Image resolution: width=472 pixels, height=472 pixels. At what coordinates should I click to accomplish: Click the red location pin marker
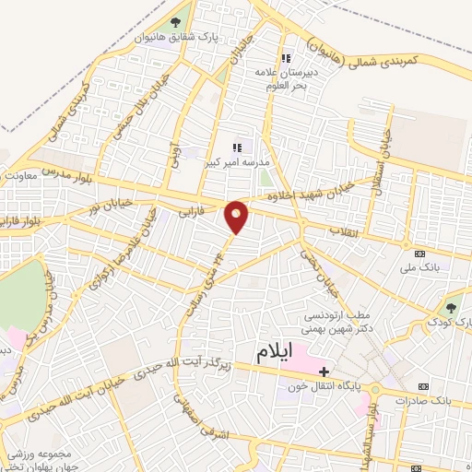(237, 216)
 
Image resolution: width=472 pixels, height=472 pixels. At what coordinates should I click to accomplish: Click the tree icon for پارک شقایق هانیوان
(175, 22)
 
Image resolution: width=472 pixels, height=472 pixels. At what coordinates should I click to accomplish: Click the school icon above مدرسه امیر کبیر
(237, 145)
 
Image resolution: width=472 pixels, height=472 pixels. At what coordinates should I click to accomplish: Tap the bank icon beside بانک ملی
(420, 254)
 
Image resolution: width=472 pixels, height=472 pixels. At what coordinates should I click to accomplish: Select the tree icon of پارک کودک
(450, 309)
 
